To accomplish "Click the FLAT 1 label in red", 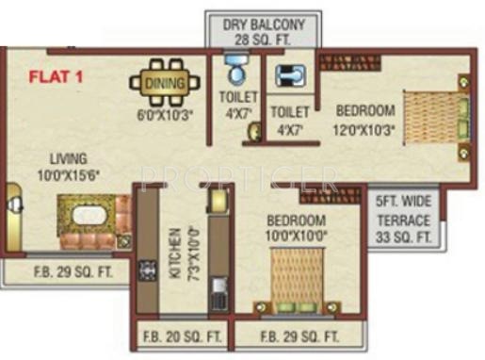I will [x=54, y=76].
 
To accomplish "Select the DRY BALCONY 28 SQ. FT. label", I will [x=262, y=29].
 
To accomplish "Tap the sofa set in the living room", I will [x=91, y=221].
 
